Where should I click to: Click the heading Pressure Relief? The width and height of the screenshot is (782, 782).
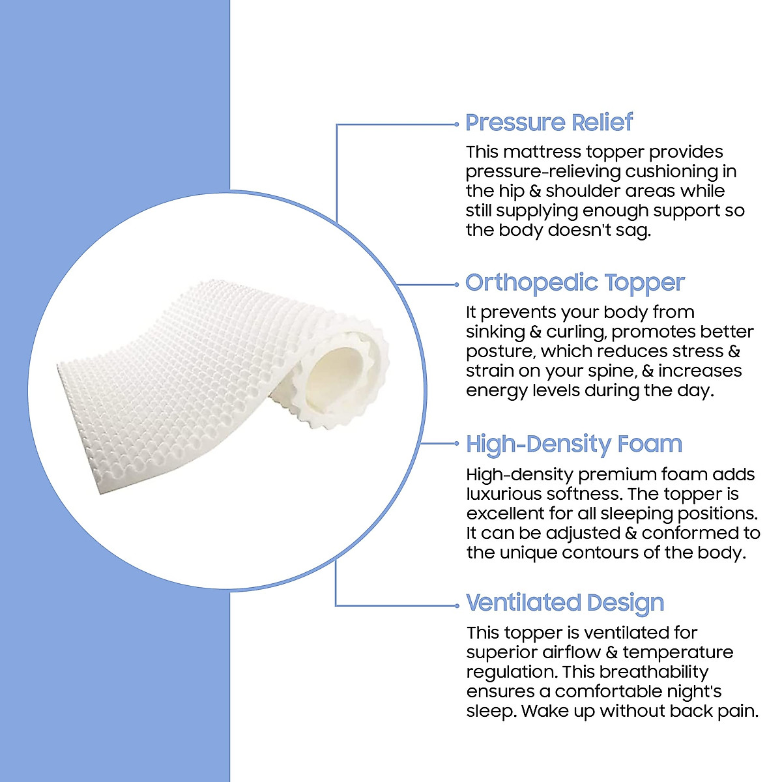point(549,123)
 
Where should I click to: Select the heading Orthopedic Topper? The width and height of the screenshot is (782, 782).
point(575,283)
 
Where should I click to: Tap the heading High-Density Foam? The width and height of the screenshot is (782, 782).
point(574,444)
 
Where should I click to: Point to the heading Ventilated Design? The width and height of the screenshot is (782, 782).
point(565,603)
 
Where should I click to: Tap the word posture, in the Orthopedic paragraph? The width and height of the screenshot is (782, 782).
point(500,352)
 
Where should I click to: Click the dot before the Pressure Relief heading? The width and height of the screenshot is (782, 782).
point(456,123)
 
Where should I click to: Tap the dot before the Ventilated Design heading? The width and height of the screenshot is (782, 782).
point(456,605)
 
